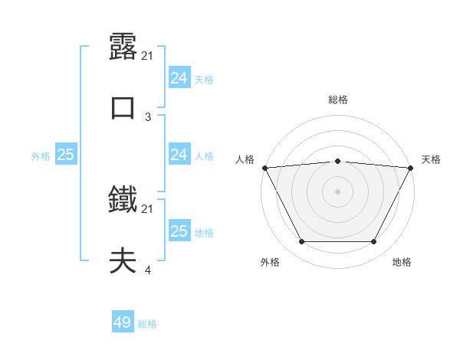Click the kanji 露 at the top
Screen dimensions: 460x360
pos(123,47)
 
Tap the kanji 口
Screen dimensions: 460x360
pos(123,108)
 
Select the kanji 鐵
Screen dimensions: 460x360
pos(123,201)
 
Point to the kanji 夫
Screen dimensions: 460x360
pos(123,261)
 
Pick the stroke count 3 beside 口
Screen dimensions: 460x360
pos(148,116)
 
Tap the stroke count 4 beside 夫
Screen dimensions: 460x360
pos(148,270)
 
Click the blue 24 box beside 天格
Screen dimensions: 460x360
pos(179,78)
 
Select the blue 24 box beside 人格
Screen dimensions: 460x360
pos(179,155)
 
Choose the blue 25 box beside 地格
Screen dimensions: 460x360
pos(179,231)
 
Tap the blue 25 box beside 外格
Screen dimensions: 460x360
pos(65,155)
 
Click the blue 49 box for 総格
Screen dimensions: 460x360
pos(123,322)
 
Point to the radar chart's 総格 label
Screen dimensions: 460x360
pos(338,100)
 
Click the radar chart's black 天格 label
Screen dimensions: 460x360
pos(431,159)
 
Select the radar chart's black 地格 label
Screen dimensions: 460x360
pos(402,262)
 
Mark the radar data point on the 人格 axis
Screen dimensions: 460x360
pos(264,168)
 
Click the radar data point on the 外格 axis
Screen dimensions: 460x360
pos(301,242)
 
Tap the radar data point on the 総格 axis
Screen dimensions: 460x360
pos(338,161)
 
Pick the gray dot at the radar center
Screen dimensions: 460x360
pos(338,191)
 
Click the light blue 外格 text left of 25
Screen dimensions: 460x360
pos(41,155)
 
